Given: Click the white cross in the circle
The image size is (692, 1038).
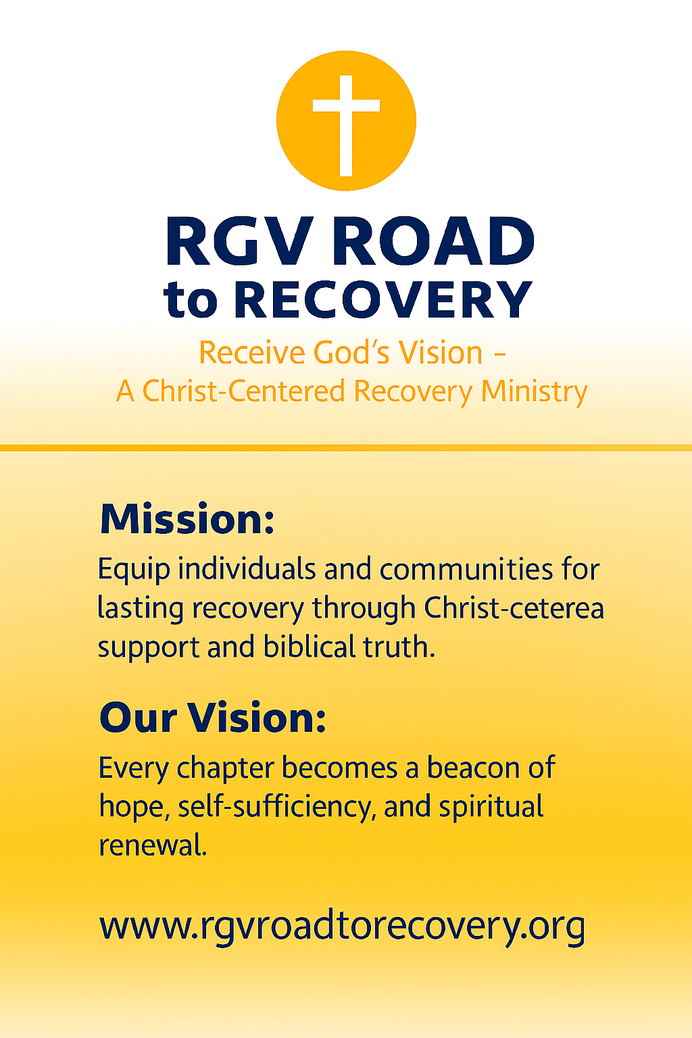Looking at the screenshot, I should tap(346, 122).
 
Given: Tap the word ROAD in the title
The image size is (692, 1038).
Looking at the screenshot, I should tap(432, 242).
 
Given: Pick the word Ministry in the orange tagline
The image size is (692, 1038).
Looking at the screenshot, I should tap(534, 391).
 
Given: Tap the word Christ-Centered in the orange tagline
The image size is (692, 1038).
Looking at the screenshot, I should tap(244, 391).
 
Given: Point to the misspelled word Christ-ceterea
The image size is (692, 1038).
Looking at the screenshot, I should tap(514, 608).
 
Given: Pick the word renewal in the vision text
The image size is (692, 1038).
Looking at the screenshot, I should tap(153, 845).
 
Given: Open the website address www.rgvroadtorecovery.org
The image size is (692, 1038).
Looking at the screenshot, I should tap(342, 926).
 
